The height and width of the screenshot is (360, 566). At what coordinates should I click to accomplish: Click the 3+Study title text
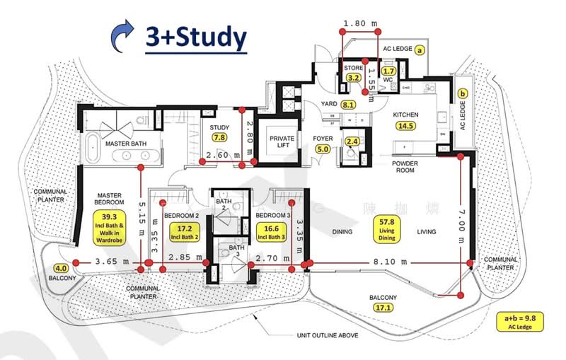(x=196, y=37)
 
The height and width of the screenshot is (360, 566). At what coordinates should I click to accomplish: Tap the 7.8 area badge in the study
(x=220, y=139)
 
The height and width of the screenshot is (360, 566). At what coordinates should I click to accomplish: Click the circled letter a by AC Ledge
(x=419, y=50)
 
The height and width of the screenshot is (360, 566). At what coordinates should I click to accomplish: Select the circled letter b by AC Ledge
(x=463, y=93)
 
